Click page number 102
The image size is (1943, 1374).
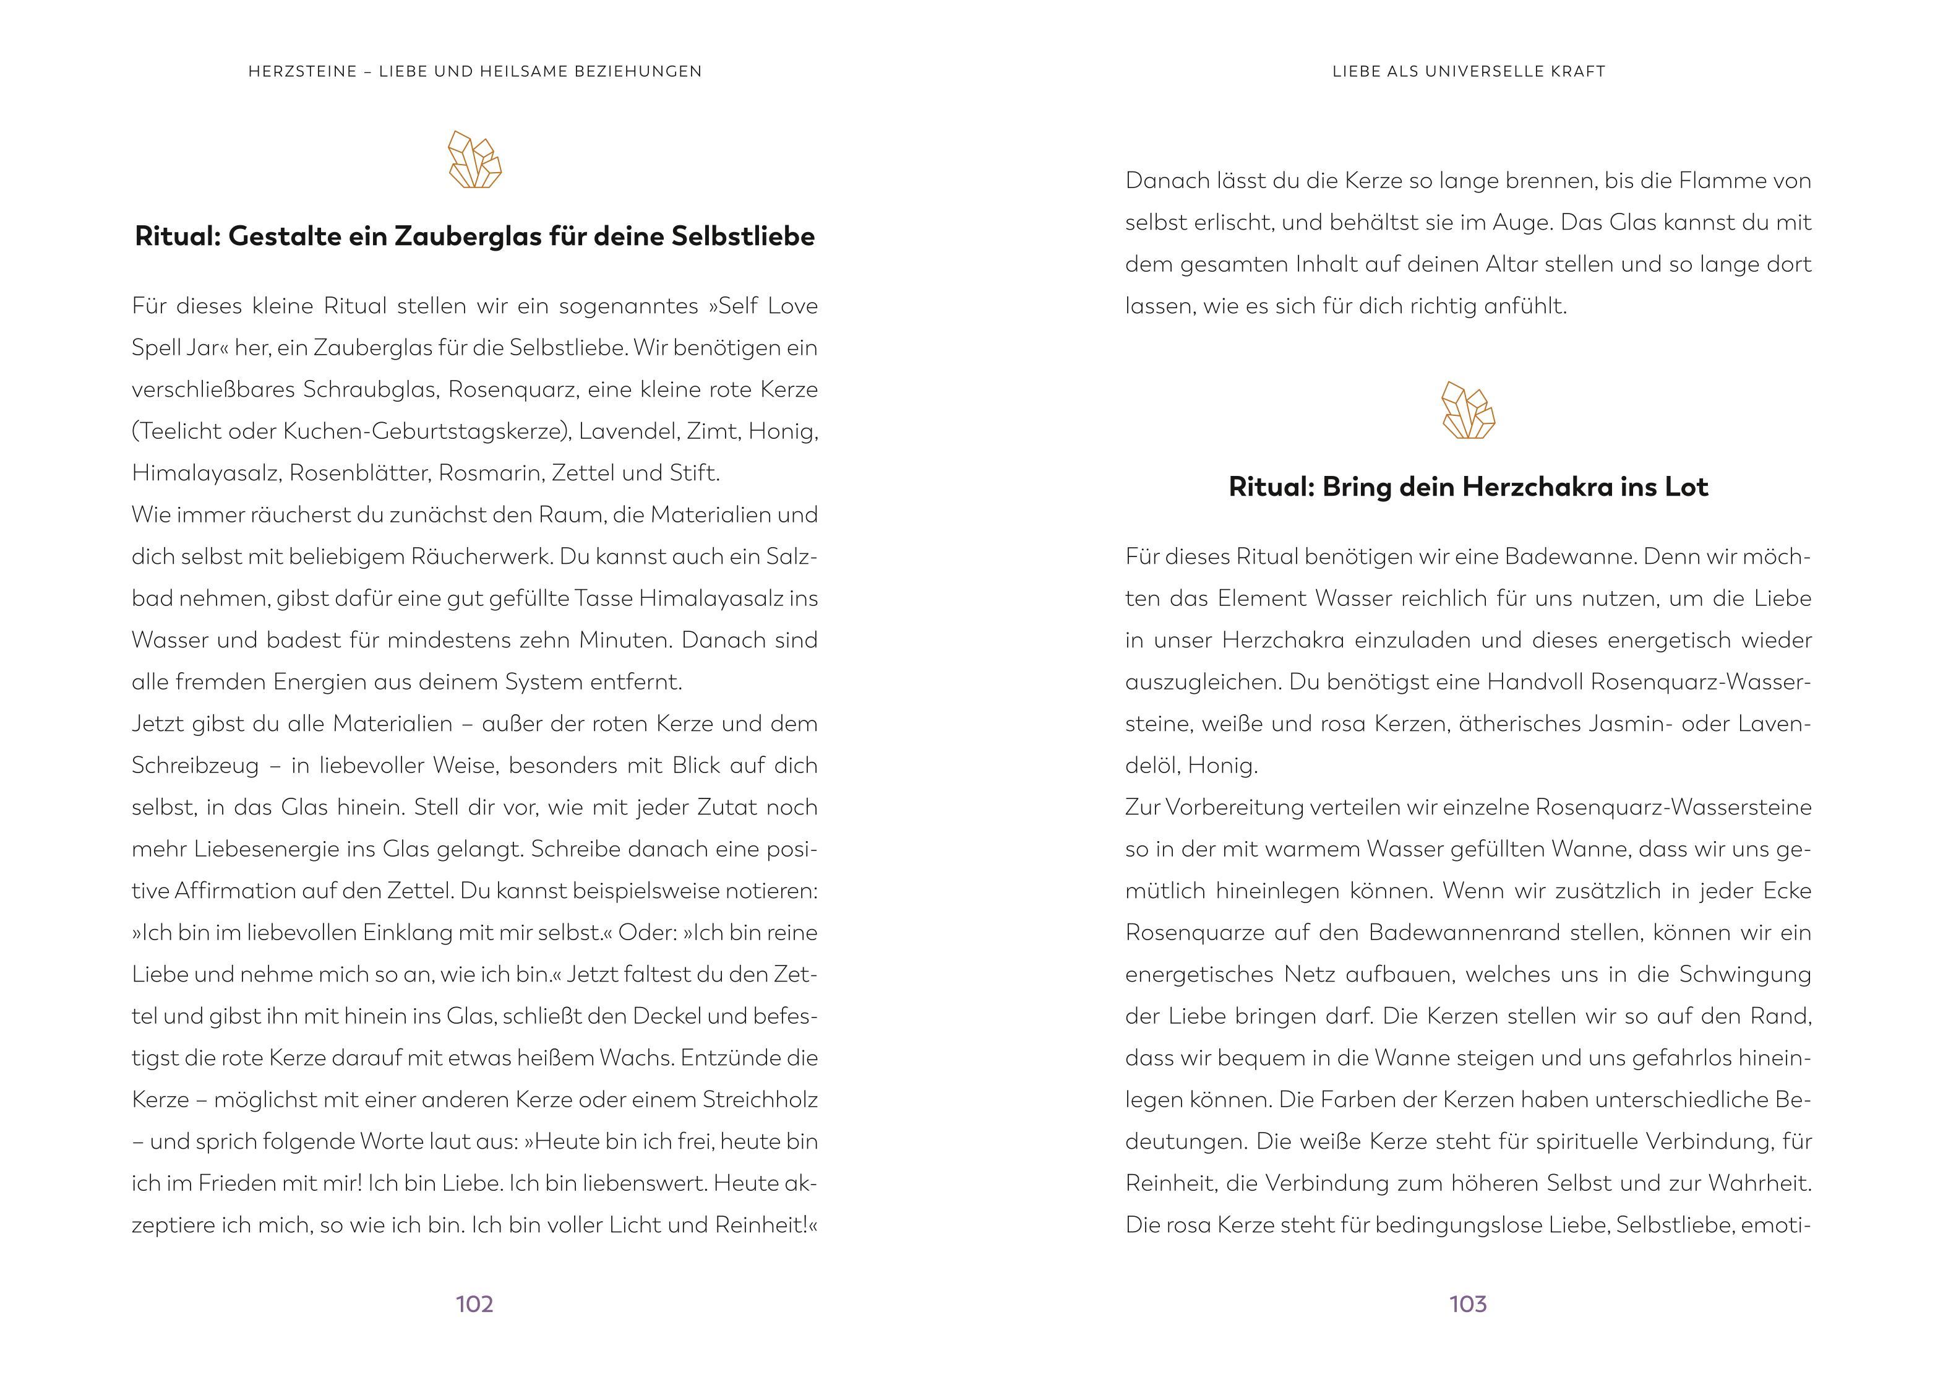(x=474, y=1303)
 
